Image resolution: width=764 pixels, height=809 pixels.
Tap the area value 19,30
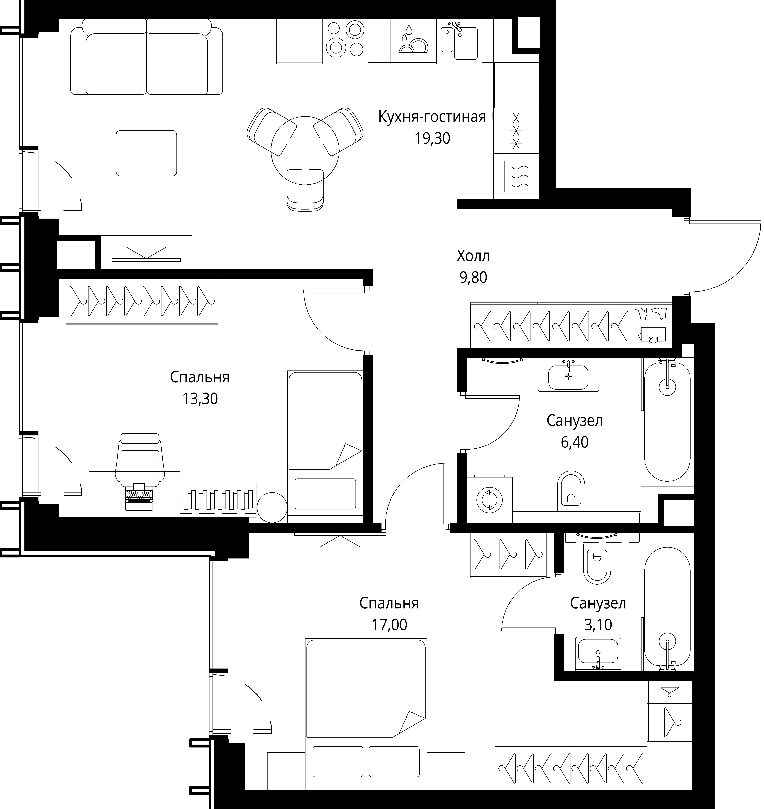coord(433,138)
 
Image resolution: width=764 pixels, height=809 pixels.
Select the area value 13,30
coord(200,399)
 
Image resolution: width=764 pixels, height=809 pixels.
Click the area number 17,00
coord(389,625)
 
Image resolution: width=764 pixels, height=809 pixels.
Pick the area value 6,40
coord(575,442)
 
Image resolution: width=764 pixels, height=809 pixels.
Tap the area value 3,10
coord(598,625)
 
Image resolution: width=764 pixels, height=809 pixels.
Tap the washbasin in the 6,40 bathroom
coord(569,375)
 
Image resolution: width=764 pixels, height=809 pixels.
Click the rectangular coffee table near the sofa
coord(146,153)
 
